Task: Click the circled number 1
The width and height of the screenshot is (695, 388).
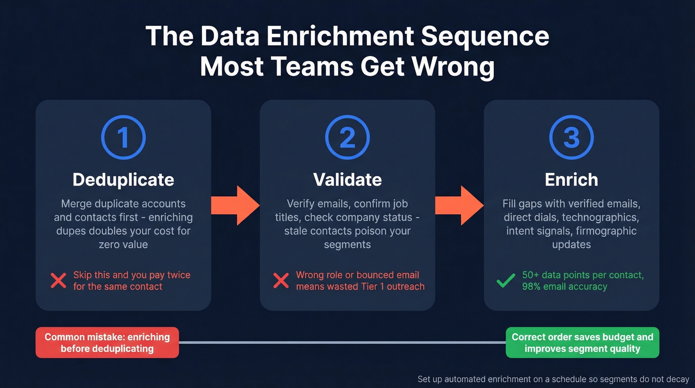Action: coord(123,138)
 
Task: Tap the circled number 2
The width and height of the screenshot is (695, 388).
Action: coord(347,138)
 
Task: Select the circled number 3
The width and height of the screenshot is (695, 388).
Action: coord(571,138)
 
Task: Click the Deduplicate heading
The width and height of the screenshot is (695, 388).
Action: coord(123,179)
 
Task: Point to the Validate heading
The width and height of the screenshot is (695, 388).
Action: coord(347,179)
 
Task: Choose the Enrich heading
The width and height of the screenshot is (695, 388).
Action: coord(571,179)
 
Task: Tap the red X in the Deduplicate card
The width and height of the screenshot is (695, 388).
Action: coord(59,281)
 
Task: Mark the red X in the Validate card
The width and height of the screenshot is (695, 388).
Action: coord(281,281)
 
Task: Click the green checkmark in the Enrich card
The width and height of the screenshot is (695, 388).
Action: coord(506,281)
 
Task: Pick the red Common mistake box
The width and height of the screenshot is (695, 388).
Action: coord(107,342)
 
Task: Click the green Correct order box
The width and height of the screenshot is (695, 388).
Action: coord(582,342)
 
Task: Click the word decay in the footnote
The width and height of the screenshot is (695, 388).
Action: coord(678,379)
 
